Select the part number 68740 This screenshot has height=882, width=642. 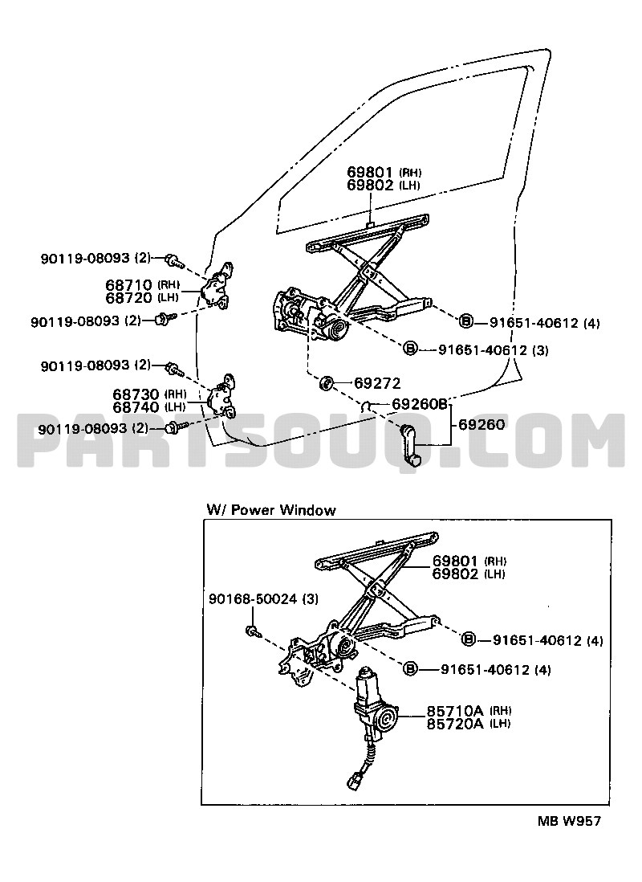pos(136,406)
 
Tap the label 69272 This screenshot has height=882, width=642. pos(376,383)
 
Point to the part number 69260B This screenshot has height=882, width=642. pos(420,404)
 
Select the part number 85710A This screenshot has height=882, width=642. pos(454,710)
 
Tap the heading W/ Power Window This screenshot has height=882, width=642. pos(271,510)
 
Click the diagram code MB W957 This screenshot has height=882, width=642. pos(568,821)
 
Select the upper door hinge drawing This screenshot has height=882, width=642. pos(219,286)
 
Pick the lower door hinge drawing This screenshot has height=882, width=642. pos(222,398)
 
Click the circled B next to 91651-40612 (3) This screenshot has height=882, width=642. pos(409,349)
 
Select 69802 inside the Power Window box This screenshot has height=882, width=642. pos(456,574)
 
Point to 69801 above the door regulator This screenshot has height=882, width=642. pos(371,172)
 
